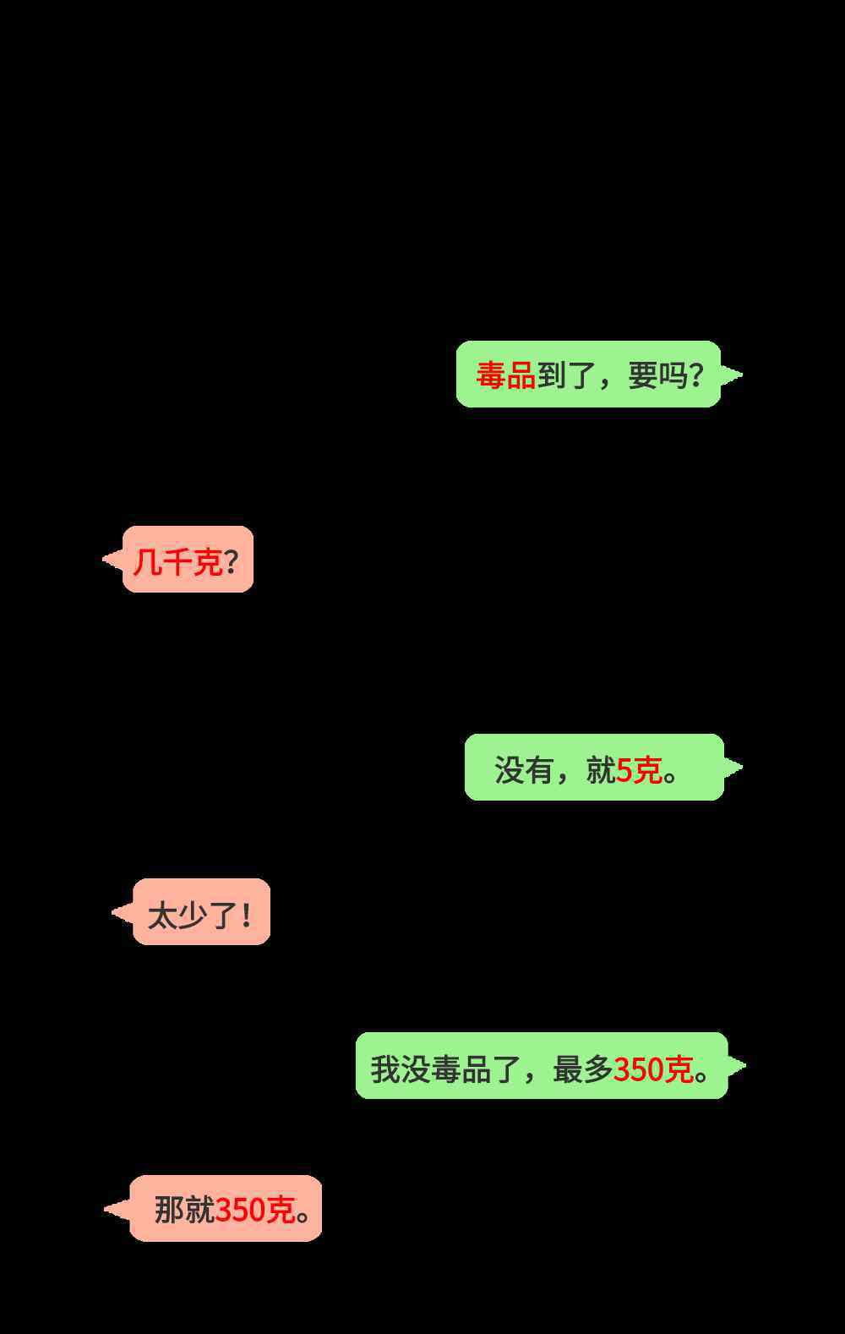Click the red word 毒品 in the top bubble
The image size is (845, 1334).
coord(506,376)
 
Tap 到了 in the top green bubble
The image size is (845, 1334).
coord(566,376)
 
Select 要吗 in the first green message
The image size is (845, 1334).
coord(658,376)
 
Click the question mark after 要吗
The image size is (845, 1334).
coord(697,376)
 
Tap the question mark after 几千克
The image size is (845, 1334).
coord(232,561)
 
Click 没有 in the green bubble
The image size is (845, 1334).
coord(524,770)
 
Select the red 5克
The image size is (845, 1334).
coord(639,770)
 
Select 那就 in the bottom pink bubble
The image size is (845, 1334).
coord(184,1210)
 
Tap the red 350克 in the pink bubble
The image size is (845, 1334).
coord(255,1210)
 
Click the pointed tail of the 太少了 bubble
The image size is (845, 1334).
coord(113,912)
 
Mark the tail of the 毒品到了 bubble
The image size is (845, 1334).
coord(741,375)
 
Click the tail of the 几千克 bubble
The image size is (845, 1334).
coord(104,559)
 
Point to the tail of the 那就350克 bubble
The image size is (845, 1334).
coord(106,1209)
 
